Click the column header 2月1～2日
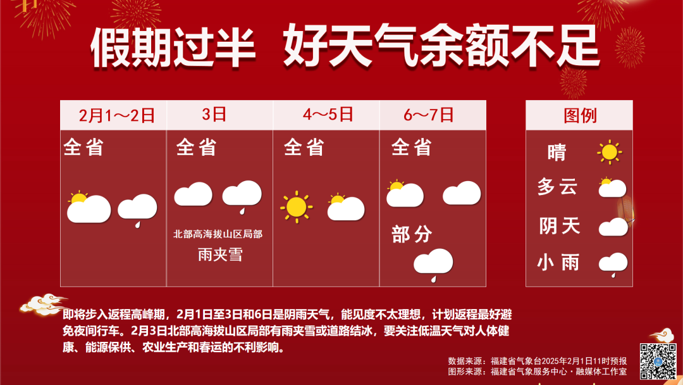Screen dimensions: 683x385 (x=117, y=115)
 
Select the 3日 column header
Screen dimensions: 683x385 (x=214, y=115)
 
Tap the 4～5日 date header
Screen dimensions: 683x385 (x=328, y=115)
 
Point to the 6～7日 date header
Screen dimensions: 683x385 (x=429, y=115)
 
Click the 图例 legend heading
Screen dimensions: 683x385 (x=580, y=115)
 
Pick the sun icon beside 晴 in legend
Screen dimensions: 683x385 (x=610, y=152)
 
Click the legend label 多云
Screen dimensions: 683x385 (x=558, y=187)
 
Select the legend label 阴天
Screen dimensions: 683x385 (x=560, y=226)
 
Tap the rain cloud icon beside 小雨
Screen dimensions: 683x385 (x=613, y=265)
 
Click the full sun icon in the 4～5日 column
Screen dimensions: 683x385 (x=296, y=206)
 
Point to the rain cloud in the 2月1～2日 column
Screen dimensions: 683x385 (x=137, y=210)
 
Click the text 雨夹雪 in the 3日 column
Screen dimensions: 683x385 (x=220, y=254)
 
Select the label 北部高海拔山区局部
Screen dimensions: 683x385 (x=218, y=234)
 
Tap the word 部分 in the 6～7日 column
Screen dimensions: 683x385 (x=412, y=234)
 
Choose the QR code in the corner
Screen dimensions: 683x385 (x=658, y=361)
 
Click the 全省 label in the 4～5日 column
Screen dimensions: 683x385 (x=304, y=148)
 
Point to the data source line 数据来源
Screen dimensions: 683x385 (x=538, y=361)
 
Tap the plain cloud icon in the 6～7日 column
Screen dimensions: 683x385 (x=462, y=193)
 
